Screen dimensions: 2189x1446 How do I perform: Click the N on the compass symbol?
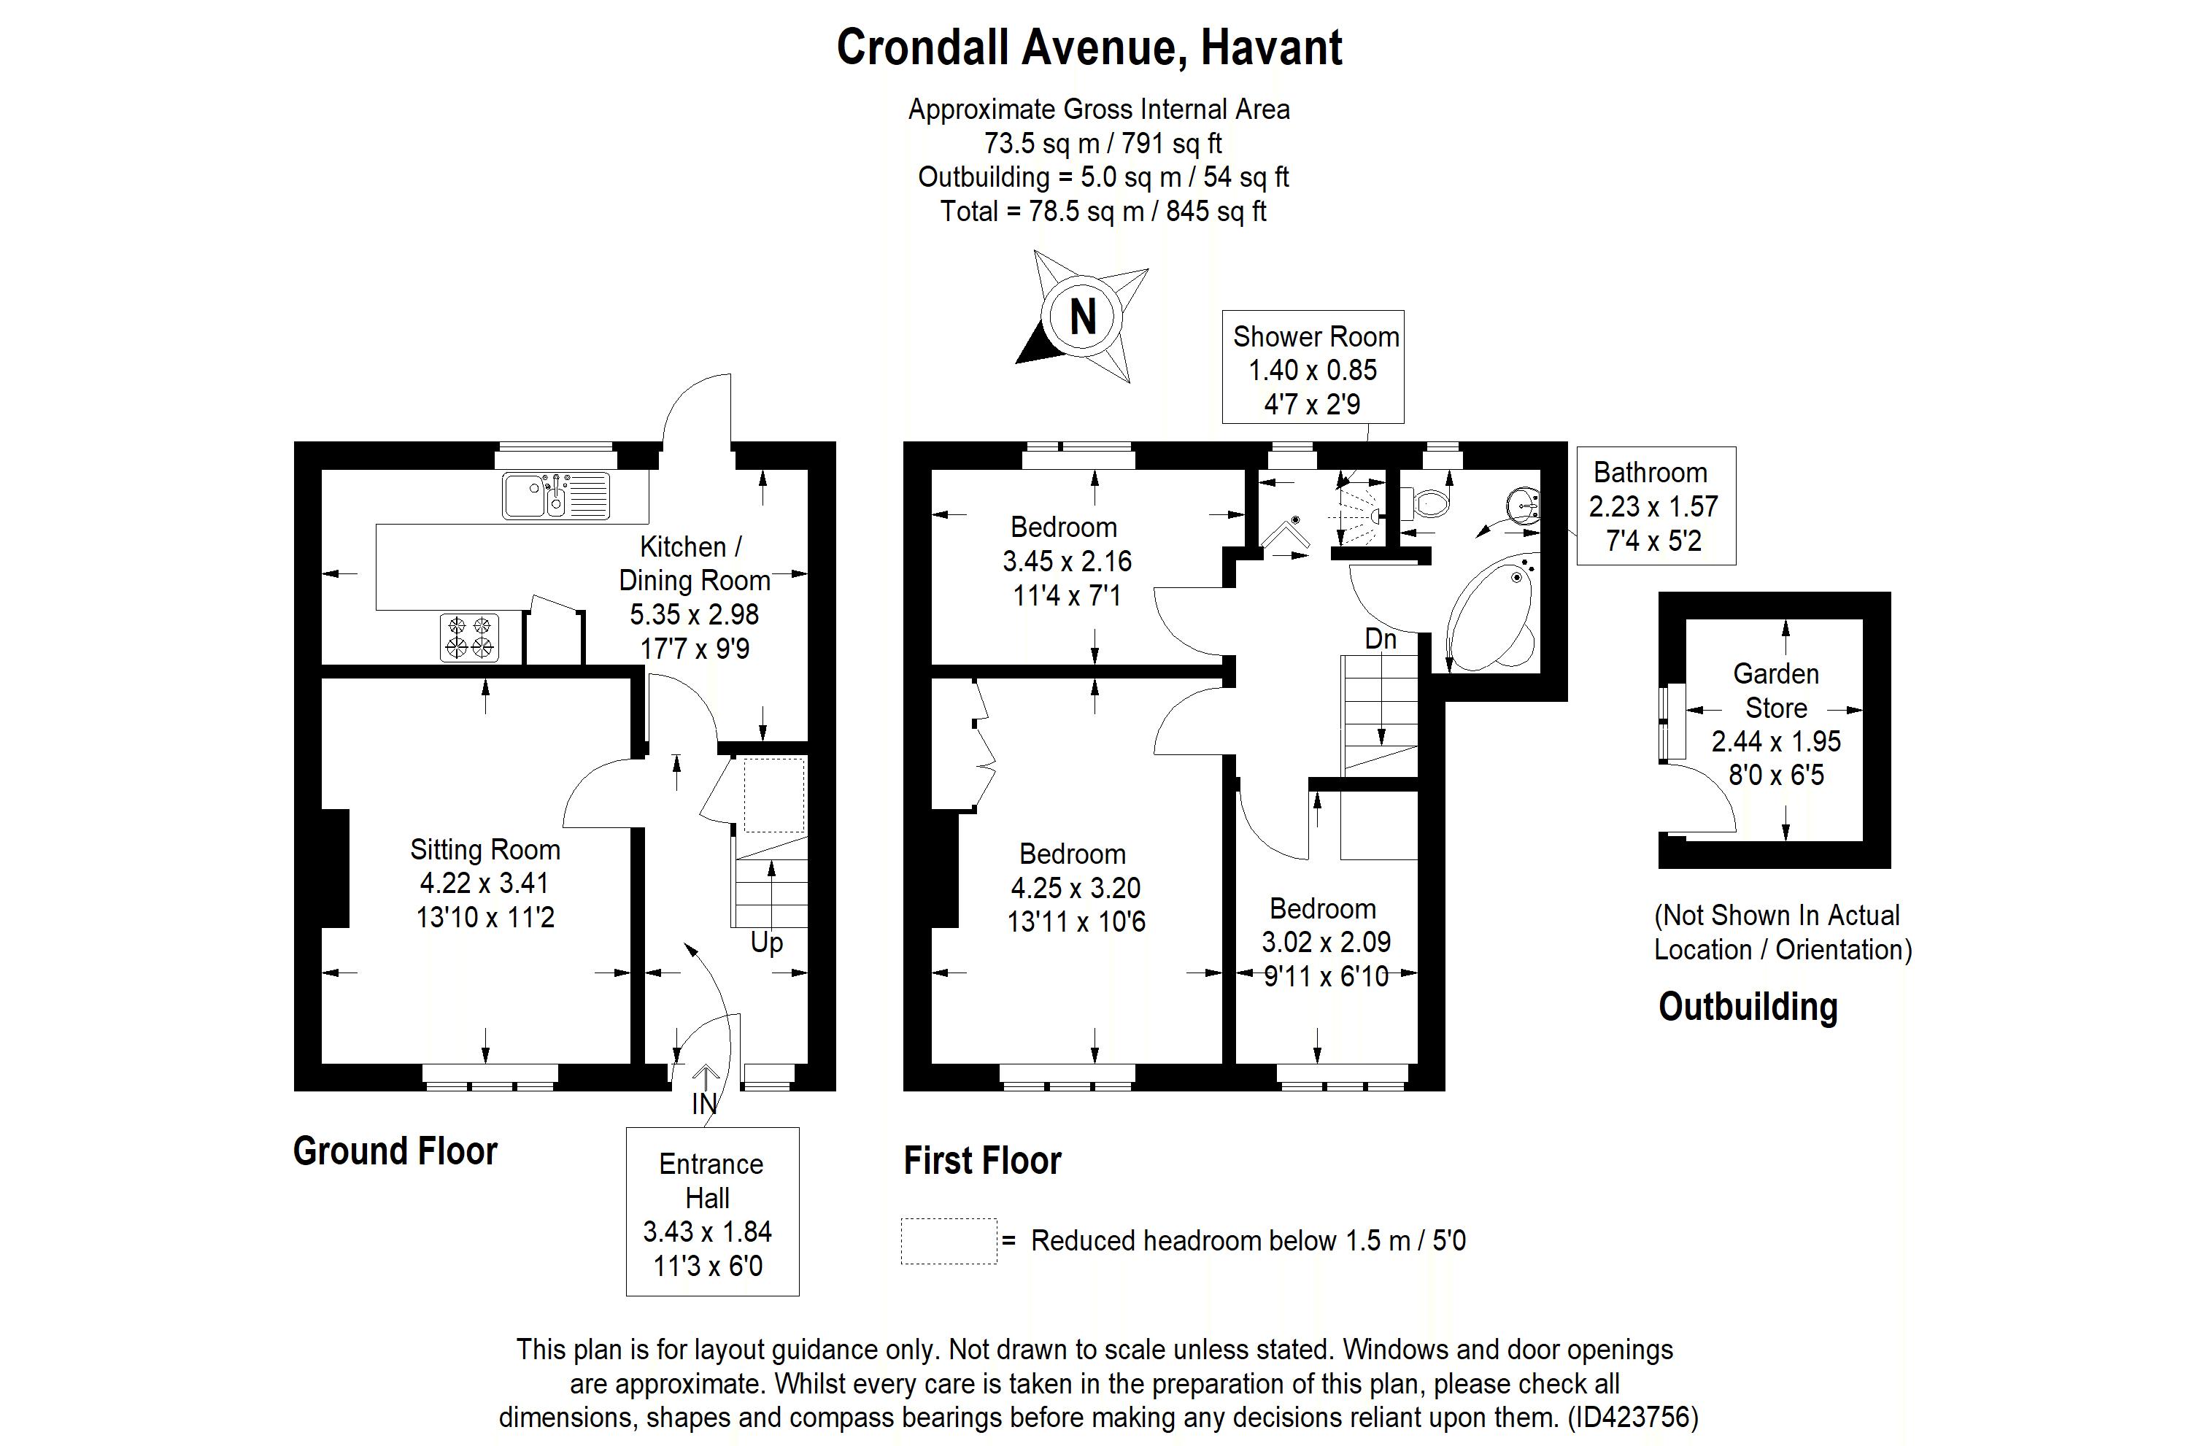click(x=1083, y=317)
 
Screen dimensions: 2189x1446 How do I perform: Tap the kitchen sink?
click(x=556, y=495)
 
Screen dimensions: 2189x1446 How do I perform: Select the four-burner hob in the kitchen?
click(x=469, y=637)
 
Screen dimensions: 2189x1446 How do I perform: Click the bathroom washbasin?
click(x=1524, y=504)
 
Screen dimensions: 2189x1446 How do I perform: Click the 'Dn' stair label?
click(x=1381, y=639)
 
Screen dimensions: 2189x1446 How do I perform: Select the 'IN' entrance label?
click(x=703, y=1104)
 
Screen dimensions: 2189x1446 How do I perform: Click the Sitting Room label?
click(x=485, y=849)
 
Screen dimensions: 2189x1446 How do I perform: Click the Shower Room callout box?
click(x=1313, y=367)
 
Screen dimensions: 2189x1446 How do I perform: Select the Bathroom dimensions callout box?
click(x=1656, y=506)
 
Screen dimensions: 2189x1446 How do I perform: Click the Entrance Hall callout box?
click(x=712, y=1212)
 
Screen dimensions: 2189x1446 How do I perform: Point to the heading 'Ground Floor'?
click(x=395, y=1151)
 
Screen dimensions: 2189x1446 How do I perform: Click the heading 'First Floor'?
click(x=982, y=1160)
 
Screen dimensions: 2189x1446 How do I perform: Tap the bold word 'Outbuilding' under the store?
click(x=1748, y=1006)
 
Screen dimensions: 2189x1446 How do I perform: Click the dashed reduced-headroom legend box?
click(x=949, y=1241)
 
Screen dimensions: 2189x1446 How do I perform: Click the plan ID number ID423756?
click(x=1632, y=1417)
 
